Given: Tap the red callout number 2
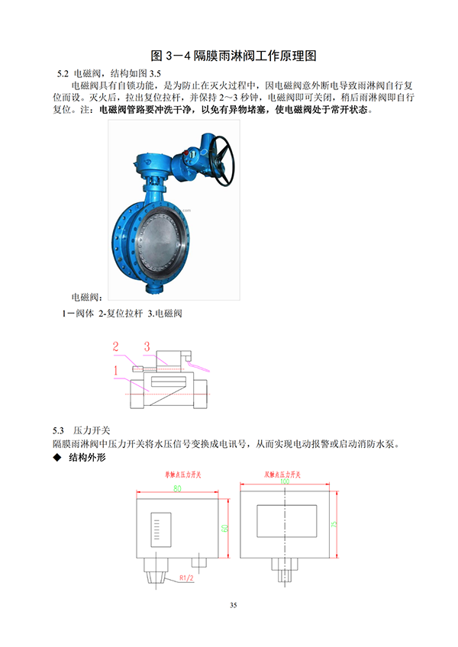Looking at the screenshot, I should tap(116, 346).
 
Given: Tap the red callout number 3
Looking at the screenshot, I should tap(146, 346).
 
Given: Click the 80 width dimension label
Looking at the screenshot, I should tap(177, 488).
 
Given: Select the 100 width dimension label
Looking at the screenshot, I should tap(285, 481).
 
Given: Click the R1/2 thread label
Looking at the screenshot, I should tap(187, 578).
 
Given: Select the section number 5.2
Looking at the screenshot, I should tap(63, 73).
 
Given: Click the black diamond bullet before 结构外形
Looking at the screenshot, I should tap(56, 458).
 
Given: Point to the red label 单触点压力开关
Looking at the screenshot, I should tap(180, 474).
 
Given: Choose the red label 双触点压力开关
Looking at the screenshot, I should tap(285, 474).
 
